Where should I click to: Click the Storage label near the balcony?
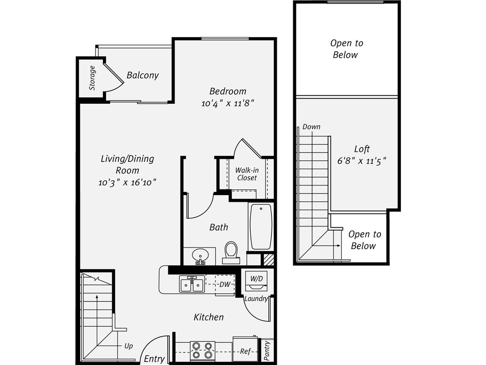[x=92, y=78]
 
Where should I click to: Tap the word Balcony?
[x=143, y=75]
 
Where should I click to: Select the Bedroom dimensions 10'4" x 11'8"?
[x=228, y=103]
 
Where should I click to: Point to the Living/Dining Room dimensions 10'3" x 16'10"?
[x=127, y=182]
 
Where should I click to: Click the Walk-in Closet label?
[x=246, y=174]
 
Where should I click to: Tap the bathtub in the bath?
[x=260, y=226]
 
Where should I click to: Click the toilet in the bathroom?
[x=231, y=252]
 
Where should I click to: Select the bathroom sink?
[x=200, y=255]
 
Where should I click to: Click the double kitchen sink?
[x=192, y=285]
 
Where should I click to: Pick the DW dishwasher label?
[x=224, y=284]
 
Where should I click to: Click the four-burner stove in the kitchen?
[x=203, y=350]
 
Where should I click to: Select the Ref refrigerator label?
[x=245, y=351]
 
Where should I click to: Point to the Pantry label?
[x=267, y=350]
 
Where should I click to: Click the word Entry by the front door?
[x=154, y=359]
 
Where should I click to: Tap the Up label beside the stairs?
[x=128, y=346]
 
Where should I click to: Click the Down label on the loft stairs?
[x=311, y=127]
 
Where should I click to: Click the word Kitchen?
[x=208, y=317]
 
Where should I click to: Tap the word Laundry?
[x=256, y=299]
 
